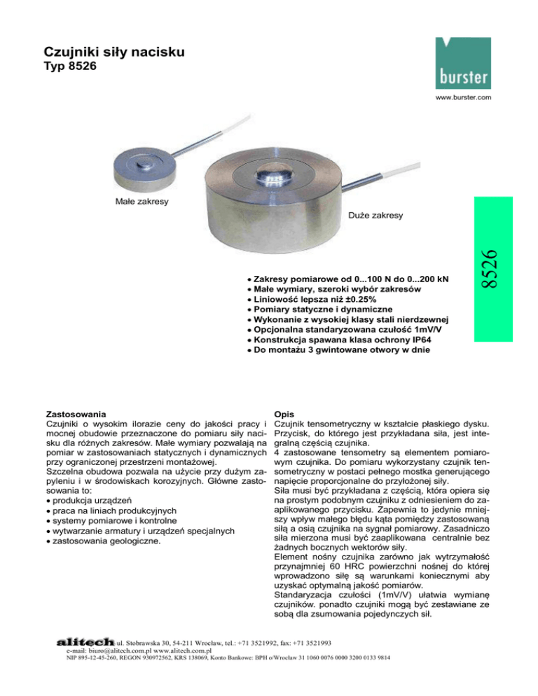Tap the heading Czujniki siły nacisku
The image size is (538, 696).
[116, 52]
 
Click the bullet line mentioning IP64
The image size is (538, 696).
[345, 340]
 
